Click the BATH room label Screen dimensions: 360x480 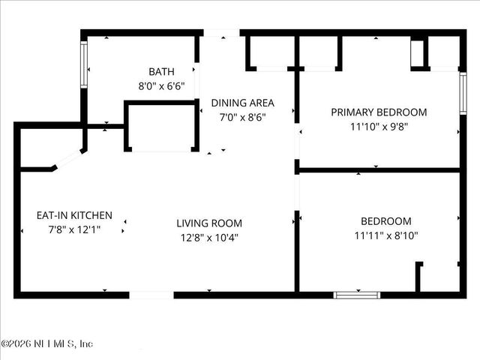pos(161,72)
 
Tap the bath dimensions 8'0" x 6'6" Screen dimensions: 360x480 pos(161,85)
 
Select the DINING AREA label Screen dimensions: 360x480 pos(242,103)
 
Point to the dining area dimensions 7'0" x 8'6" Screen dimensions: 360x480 pos(242,117)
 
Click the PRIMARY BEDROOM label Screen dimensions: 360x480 pos(379,112)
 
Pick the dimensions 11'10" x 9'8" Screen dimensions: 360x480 pos(379,127)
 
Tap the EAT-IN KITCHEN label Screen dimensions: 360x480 pos(74,215)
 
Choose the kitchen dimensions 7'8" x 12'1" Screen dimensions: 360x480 pos(74,229)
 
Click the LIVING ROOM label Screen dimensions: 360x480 pos(209,223)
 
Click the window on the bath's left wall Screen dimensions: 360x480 pos(84,59)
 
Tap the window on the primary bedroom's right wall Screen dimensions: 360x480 pos(463,93)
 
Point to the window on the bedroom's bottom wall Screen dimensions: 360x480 pos(357,295)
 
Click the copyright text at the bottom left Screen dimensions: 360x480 pos(46,343)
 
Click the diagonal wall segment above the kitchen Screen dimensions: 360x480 pos(67,160)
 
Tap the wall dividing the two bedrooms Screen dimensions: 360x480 pos(379,170)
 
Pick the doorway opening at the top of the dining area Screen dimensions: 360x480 pos(221,33)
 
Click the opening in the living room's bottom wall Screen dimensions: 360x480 pos(152,295)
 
